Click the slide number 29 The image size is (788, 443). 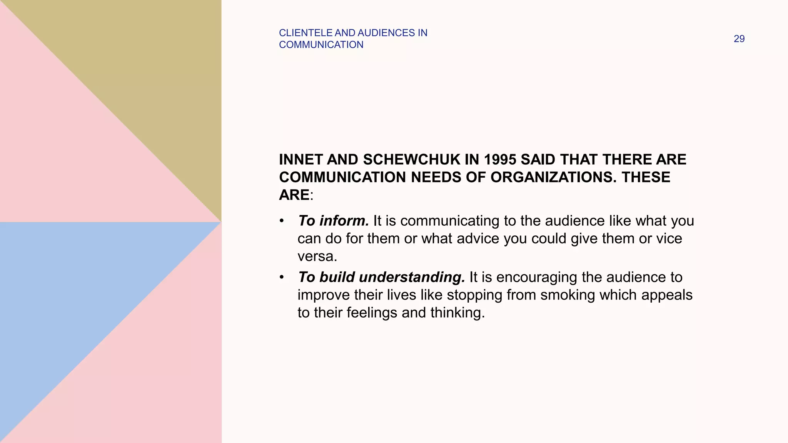[739, 39]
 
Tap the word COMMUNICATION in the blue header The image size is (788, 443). [321, 45]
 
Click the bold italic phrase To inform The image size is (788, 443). [333, 221]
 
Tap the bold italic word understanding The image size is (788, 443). [412, 277]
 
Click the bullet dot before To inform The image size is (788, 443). [282, 221]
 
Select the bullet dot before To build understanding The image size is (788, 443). [282, 277]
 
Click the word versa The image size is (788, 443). [317, 256]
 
